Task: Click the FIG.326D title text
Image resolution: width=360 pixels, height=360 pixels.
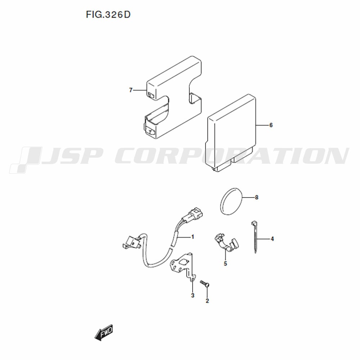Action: pyautogui.click(x=108, y=15)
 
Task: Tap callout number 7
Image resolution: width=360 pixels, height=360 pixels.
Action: pyautogui.click(x=131, y=90)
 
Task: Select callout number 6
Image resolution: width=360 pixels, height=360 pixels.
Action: pyautogui.click(x=271, y=125)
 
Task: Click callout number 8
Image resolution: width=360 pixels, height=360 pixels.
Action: pyautogui.click(x=257, y=197)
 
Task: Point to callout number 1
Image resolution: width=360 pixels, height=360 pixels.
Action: pyautogui.click(x=193, y=237)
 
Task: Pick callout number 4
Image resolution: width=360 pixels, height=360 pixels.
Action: pyautogui.click(x=272, y=239)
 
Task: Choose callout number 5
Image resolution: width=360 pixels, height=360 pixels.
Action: pyautogui.click(x=225, y=264)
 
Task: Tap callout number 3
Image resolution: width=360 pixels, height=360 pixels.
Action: pyautogui.click(x=193, y=295)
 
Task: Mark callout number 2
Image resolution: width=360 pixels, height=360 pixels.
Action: pyautogui.click(x=207, y=301)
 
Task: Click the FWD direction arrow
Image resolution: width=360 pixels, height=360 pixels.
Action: pyautogui.click(x=104, y=332)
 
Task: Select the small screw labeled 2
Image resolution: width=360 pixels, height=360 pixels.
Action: pyautogui.click(x=205, y=284)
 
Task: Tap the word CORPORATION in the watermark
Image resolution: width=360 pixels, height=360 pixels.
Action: pyautogui.click(x=232, y=156)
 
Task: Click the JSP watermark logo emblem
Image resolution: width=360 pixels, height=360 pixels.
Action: pyautogui.click(x=25, y=160)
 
